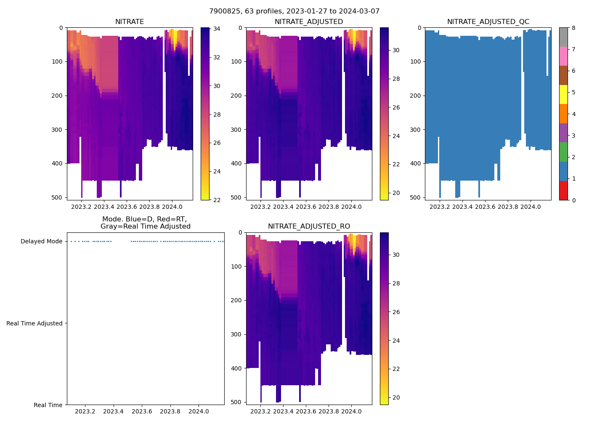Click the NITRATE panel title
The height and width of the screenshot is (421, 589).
pos(130,22)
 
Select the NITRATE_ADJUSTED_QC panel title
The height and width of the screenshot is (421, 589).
pos(488,22)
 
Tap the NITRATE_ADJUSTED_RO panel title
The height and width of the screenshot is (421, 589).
pos(309,226)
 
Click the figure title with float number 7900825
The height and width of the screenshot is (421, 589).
pos(294,11)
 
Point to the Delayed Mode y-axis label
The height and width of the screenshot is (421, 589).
pos(41,241)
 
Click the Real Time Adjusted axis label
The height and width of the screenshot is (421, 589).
pos(34,323)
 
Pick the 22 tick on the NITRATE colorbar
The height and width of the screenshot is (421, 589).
pos(217,200)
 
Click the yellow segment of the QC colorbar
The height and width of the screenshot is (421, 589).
pos(563,94)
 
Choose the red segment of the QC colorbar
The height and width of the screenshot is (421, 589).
pos(563,190)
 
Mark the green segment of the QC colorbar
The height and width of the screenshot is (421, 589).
pos(563,152)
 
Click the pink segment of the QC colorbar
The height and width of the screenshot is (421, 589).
pos(563,56)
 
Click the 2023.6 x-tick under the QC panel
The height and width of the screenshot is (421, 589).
pos(486,207)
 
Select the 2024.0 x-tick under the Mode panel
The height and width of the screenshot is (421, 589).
pos(199,411)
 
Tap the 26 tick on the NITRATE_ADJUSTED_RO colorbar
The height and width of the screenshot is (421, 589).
pos(396,312)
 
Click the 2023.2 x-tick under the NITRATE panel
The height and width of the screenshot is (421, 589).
pos(81,207)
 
